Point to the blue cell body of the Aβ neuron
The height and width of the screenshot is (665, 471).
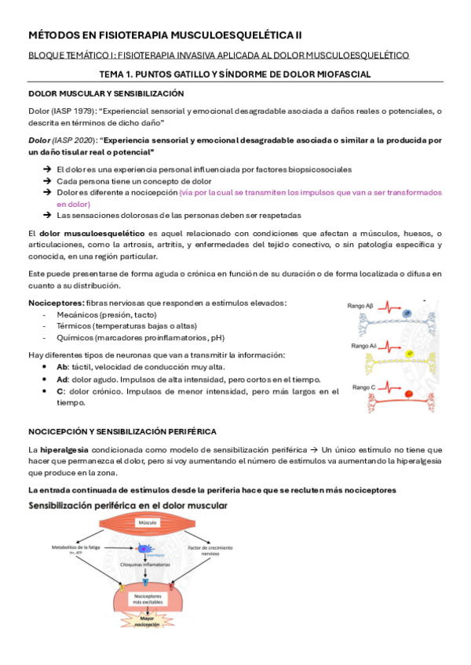click(407, 313)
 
